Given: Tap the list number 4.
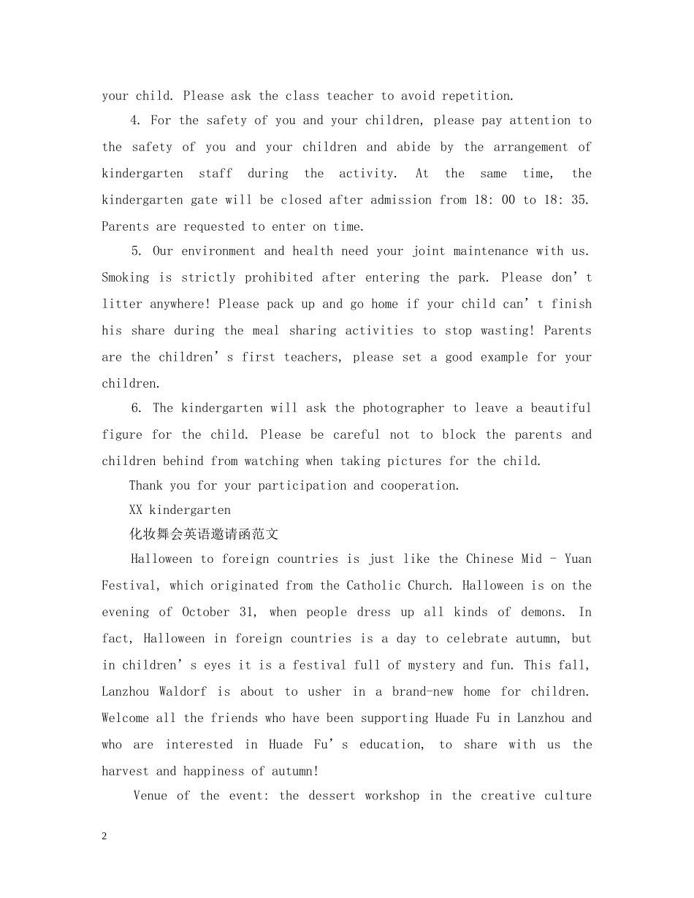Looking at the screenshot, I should coord(136,120).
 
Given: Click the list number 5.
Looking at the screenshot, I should coord(136,251).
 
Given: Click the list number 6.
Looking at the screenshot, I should coord(136,408).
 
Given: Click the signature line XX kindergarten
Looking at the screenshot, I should coord(180,510).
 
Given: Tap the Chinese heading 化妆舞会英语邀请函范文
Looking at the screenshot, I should coord(204,534).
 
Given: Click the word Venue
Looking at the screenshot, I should coord(150,796).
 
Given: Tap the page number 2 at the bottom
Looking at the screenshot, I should coord(104,837).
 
